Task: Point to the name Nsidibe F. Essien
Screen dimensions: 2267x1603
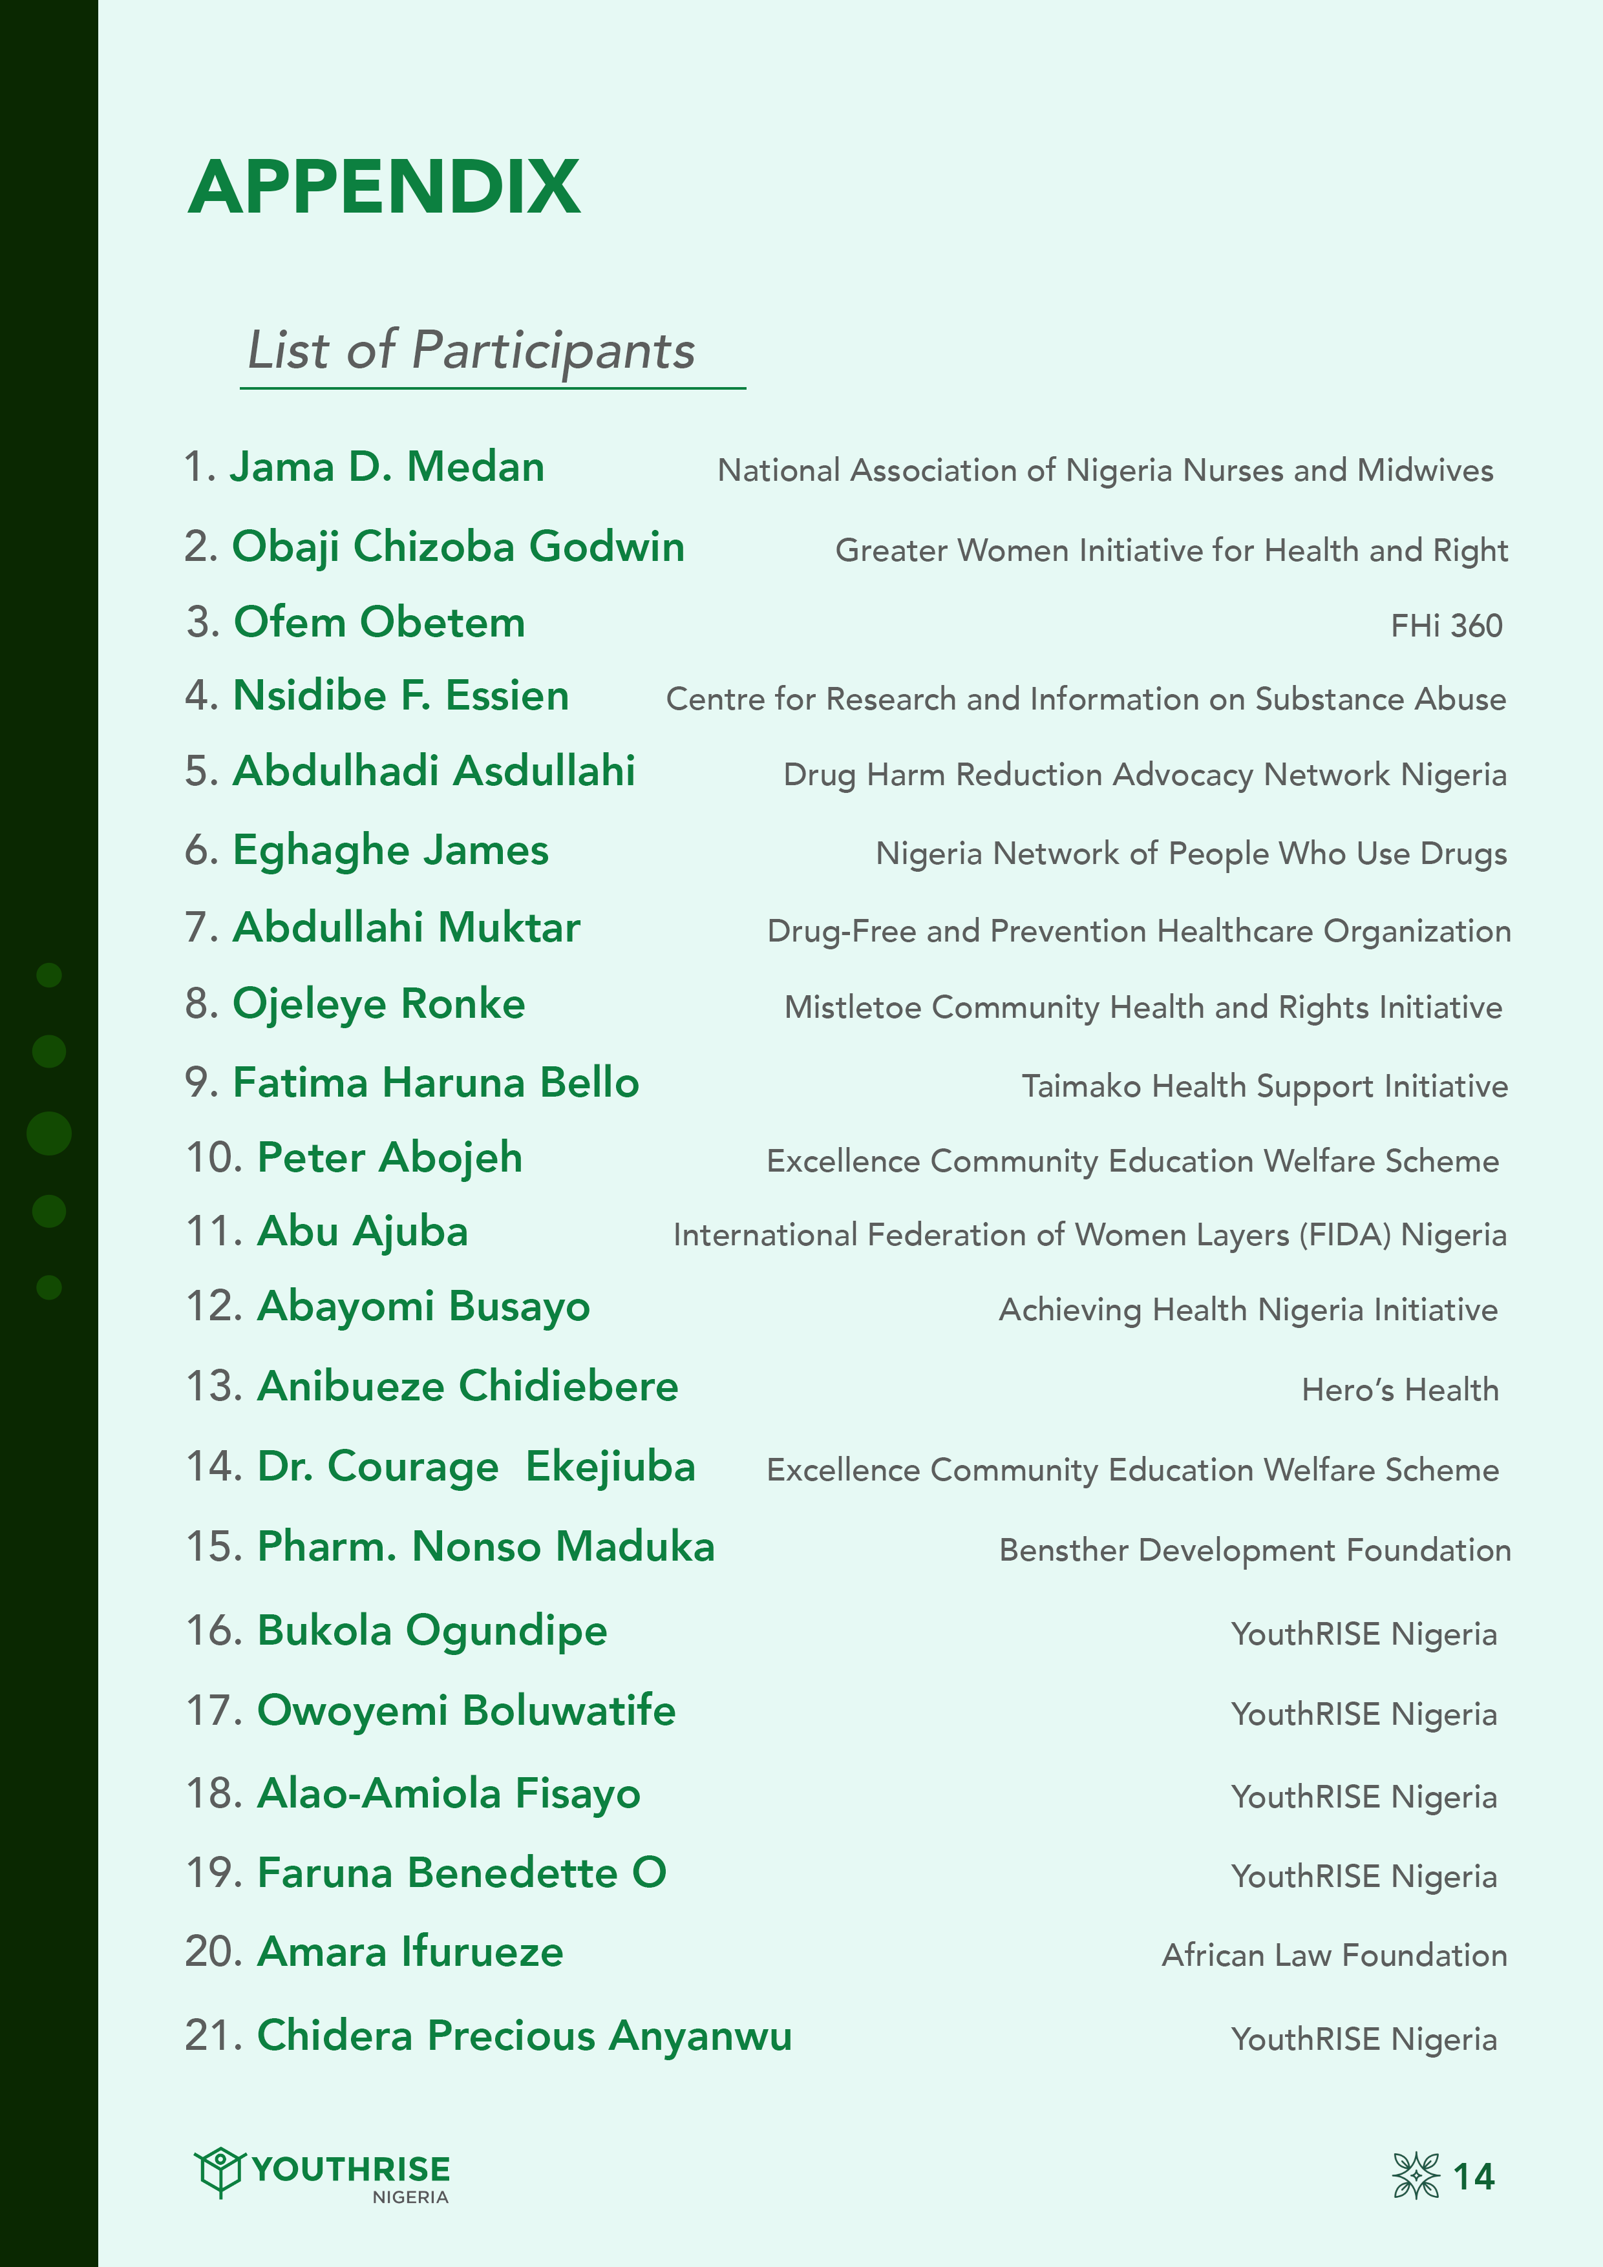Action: coord(400,696)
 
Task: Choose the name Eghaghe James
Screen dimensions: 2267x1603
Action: coord(390,850)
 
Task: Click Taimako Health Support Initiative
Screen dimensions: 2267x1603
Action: coord(1264,1086)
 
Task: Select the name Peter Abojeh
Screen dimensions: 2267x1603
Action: coord(389,1157)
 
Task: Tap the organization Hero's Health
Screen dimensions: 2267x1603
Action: coord(1399,1389)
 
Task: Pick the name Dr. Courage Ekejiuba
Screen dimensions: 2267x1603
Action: coord(476,1466)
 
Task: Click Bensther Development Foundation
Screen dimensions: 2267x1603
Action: coord(1255,1550)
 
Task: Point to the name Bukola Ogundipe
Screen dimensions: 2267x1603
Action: coord(432,1630)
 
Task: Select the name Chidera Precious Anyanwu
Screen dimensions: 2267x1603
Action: coord(524,2035)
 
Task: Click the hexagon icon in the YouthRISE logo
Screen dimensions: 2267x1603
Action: coord(218,2170)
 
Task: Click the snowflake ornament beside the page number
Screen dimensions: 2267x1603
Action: coord(1416,2175)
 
